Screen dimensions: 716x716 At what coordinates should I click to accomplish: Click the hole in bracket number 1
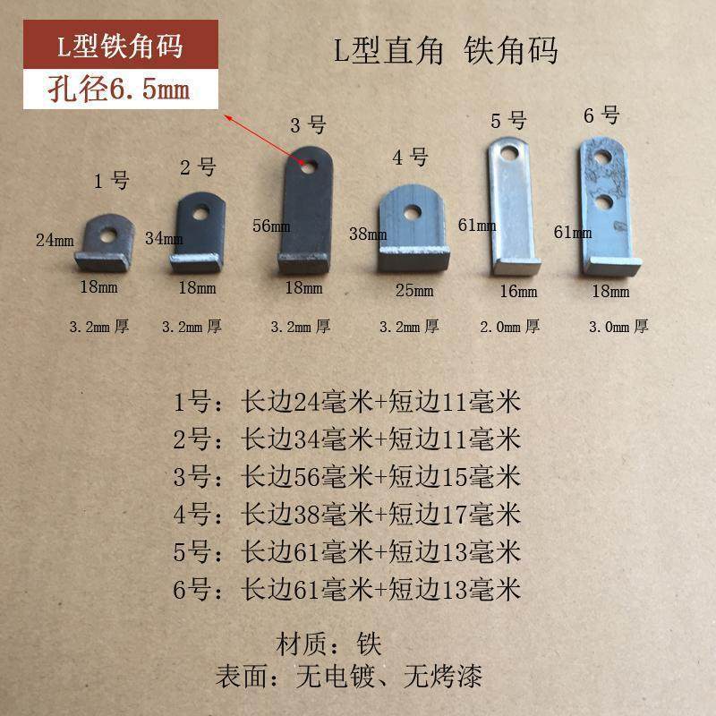pos(107,235)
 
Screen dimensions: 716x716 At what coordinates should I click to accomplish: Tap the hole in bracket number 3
pos(307,166)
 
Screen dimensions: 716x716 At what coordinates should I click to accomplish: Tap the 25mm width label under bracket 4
pos(414,290)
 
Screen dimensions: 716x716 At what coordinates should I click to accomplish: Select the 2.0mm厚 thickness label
pos(509,327)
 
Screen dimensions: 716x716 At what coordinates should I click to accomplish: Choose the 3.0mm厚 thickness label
pos(617,327)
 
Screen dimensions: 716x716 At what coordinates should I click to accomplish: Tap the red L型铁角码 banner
pos(107,46)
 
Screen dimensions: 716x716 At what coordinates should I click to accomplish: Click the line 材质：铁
pos(331,643)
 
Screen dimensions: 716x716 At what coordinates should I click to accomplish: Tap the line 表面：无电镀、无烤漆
pos(349,676)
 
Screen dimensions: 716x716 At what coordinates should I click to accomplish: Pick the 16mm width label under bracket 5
pos(519,290)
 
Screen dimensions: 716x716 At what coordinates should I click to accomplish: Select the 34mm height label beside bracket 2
pos(165,239)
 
